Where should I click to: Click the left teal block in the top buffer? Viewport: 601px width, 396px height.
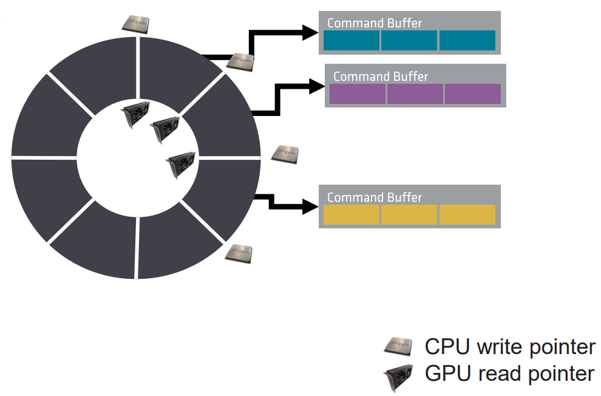pos(351,40)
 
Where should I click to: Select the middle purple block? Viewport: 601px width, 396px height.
pos(415,94)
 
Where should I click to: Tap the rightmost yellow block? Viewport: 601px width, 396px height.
pos(467,214)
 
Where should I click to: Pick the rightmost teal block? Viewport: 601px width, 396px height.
pos(467,40)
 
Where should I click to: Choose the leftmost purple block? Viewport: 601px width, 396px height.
pos(358,94)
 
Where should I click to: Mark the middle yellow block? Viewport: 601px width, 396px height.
pos(409,214)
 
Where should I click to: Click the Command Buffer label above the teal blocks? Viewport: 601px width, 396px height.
pos(375,23)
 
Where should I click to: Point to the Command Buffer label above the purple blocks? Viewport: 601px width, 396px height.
pos(381,77)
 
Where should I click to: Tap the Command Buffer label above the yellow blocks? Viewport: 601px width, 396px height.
pos(375,197)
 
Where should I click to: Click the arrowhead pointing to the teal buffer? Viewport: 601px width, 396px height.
pos(310,33)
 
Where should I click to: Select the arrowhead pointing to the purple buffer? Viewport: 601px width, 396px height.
pos(317,86)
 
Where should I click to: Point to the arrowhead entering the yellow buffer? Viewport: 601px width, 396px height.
pos(310,207)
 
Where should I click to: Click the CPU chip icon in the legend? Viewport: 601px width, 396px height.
pos(398,347)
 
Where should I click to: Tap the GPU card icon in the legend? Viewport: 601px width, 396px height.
pos(398,377)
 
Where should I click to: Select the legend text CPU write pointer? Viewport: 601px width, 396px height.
pos(510,347)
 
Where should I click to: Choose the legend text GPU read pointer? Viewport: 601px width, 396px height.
pos(510,374)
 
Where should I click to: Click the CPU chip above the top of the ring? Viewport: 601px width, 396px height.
pos(135,24)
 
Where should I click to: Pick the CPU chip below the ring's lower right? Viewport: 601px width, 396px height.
pos(239,253)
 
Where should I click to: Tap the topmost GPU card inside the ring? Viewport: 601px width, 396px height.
pos(135,114)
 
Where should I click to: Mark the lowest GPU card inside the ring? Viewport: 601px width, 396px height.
pos(180,165)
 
